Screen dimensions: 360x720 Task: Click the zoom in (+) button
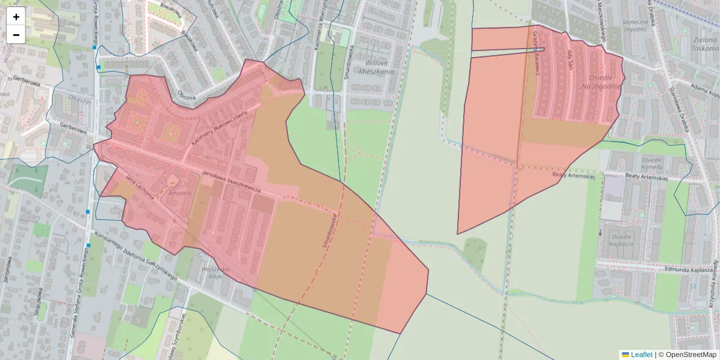(x=16, y=17)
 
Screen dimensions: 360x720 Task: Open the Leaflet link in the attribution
(x=641, y=355)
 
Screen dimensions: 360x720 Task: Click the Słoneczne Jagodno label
(x=636, y=25)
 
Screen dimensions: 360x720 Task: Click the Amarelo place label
(x=179, y=194)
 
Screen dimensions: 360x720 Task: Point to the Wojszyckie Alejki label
(x=212, y=274)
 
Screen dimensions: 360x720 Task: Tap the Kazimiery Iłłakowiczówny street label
(x=219, y=126)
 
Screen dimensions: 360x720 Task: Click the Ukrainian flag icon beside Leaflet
(x=625, y=355)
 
